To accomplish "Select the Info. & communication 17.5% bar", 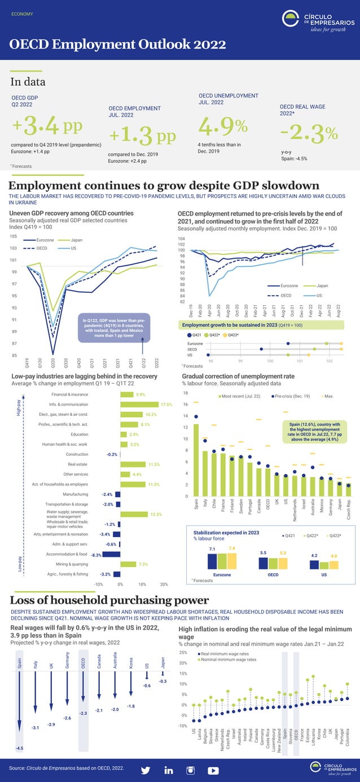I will tap(139, 405).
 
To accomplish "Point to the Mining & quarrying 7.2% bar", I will tap(128, 564).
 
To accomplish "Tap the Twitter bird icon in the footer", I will tap(146, 770).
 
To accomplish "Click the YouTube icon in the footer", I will tap(213, 770).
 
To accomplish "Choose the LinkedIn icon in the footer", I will tap(169, 770).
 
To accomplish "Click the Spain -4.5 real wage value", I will tap(20, 749).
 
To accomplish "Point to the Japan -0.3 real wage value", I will tap(163, 682).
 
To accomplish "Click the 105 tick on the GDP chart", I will tap(13, 236).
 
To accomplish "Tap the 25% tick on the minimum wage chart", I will tap(183, 653).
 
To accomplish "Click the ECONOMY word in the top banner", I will tap(22, 14).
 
